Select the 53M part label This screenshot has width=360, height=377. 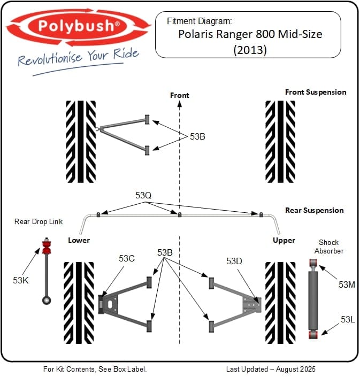click(x=347, y=284)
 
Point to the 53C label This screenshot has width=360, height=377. click(x=127, y=259)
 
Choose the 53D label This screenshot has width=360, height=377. click(x=234, y=261)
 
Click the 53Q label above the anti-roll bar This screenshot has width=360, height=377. click(x=143, y=196)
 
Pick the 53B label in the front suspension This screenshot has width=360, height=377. click(x=197, y=136)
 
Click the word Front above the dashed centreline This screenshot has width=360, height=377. click(x=180, y=95)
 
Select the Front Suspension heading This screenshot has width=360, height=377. click(x=315, y=92)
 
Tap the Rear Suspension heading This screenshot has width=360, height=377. click(x=314, y=210)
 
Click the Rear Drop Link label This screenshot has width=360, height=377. click(x=39, y=221)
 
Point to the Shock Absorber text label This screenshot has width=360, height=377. click(x=329, y=247)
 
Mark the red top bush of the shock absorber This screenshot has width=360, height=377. click(x=313, y=263)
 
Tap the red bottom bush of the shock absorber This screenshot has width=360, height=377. click(x=313, y=334)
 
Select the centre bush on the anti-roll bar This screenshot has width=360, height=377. click(x=180, y=214)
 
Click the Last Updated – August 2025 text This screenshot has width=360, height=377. click(x=271, y=369)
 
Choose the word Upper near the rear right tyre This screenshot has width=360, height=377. click(x=284, y=240)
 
